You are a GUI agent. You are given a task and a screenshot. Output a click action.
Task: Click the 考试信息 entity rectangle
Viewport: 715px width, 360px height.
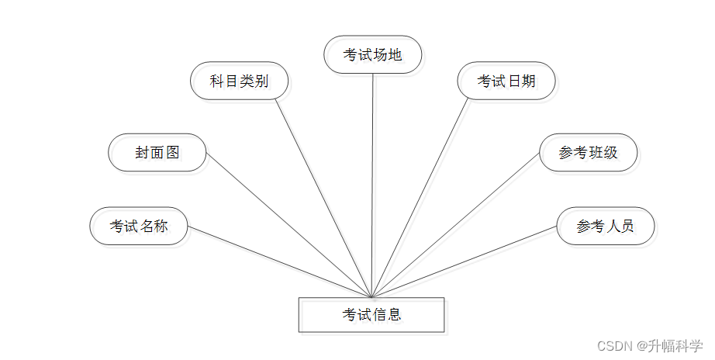click(371, 314)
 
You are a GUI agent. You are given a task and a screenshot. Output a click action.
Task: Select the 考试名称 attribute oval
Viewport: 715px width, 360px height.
click(139, 227)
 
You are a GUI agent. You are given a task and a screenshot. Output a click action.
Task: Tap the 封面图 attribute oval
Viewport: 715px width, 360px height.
click(157, 152)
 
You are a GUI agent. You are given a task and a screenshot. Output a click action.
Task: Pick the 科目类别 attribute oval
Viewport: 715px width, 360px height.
click(240, 81)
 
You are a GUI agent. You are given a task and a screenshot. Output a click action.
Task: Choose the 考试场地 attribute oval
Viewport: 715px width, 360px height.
click(373, 54)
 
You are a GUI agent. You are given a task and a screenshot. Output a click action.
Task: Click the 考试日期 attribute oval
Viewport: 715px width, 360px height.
click(506, 81)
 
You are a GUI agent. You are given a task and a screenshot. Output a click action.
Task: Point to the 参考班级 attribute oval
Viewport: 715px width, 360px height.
click(589, 152)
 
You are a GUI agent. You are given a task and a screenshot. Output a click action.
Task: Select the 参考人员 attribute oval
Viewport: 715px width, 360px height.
click(606, 227)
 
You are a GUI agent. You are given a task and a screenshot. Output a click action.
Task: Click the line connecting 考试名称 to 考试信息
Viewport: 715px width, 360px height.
click(279, 261)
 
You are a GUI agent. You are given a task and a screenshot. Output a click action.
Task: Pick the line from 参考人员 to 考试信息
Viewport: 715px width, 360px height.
click(465, 261)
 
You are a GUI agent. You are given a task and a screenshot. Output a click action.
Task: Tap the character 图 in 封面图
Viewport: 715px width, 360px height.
click(173, 152)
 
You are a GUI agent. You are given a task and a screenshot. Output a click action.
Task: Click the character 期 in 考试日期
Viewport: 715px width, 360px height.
click(528, 81)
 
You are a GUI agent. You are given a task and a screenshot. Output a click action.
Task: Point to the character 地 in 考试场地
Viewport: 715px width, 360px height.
click(395, 54)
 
